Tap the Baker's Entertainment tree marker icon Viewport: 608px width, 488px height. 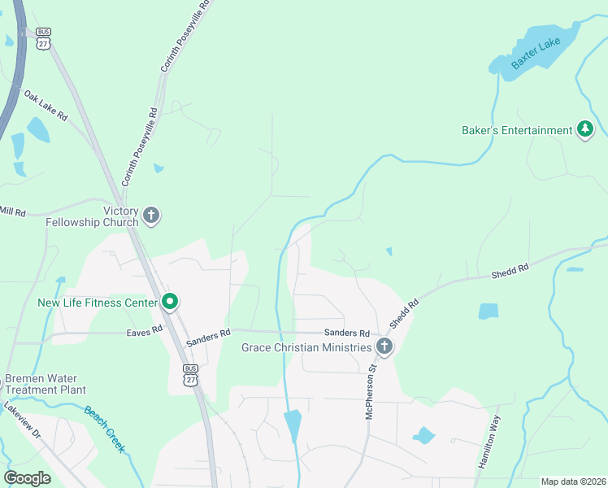click(x=584, y=130)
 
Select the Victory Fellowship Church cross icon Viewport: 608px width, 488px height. click(x=150, y=216)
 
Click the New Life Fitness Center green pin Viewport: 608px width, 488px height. click(x=170, y=303)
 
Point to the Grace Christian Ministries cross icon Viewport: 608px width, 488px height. click(x=384, y=348)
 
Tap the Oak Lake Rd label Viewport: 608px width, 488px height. click(x=46, y=106)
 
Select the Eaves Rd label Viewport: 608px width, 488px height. click(x=145, y=332)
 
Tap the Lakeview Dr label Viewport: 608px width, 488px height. click(x=22, y=420)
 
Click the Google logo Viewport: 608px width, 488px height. click(x=28, y=477)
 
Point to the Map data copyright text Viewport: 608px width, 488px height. click(x=573, y=481)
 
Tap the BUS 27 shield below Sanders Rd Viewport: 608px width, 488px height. click(x=190, y=375)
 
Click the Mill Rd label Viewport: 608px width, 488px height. click(x=13, y=211)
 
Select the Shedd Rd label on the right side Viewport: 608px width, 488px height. click(x=510, y=272)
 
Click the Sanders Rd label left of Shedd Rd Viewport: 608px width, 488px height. click(x=347, y=333)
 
